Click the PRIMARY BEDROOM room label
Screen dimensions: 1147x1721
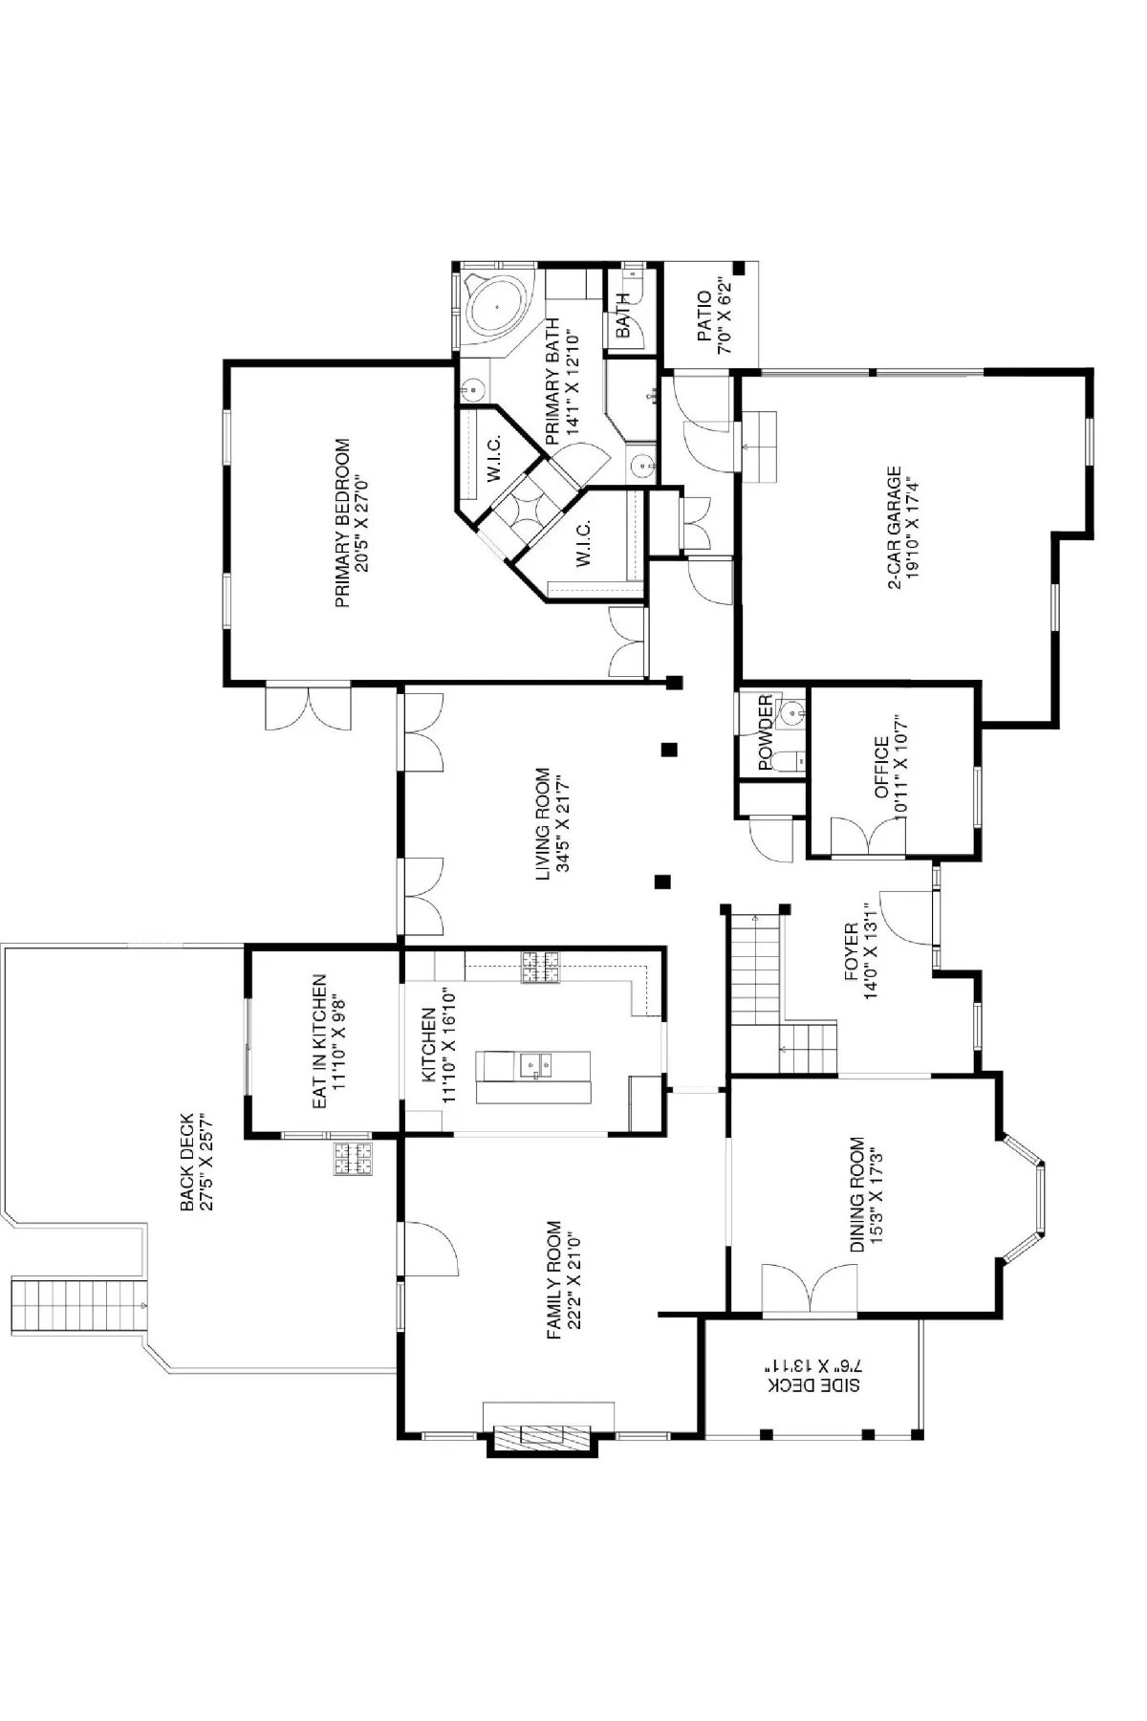(343, 523)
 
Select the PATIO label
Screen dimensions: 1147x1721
(703, 317)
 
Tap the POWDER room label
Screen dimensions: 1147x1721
(765, 732)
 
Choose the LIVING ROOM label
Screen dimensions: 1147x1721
(543, 824)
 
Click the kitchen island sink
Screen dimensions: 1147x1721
(533, 1063)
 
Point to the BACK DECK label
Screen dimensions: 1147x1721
(187, 1162)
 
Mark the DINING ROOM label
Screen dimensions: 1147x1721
(857, 1194)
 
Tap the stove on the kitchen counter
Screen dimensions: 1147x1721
(540, 968)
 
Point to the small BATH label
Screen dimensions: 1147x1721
(623, 316)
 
